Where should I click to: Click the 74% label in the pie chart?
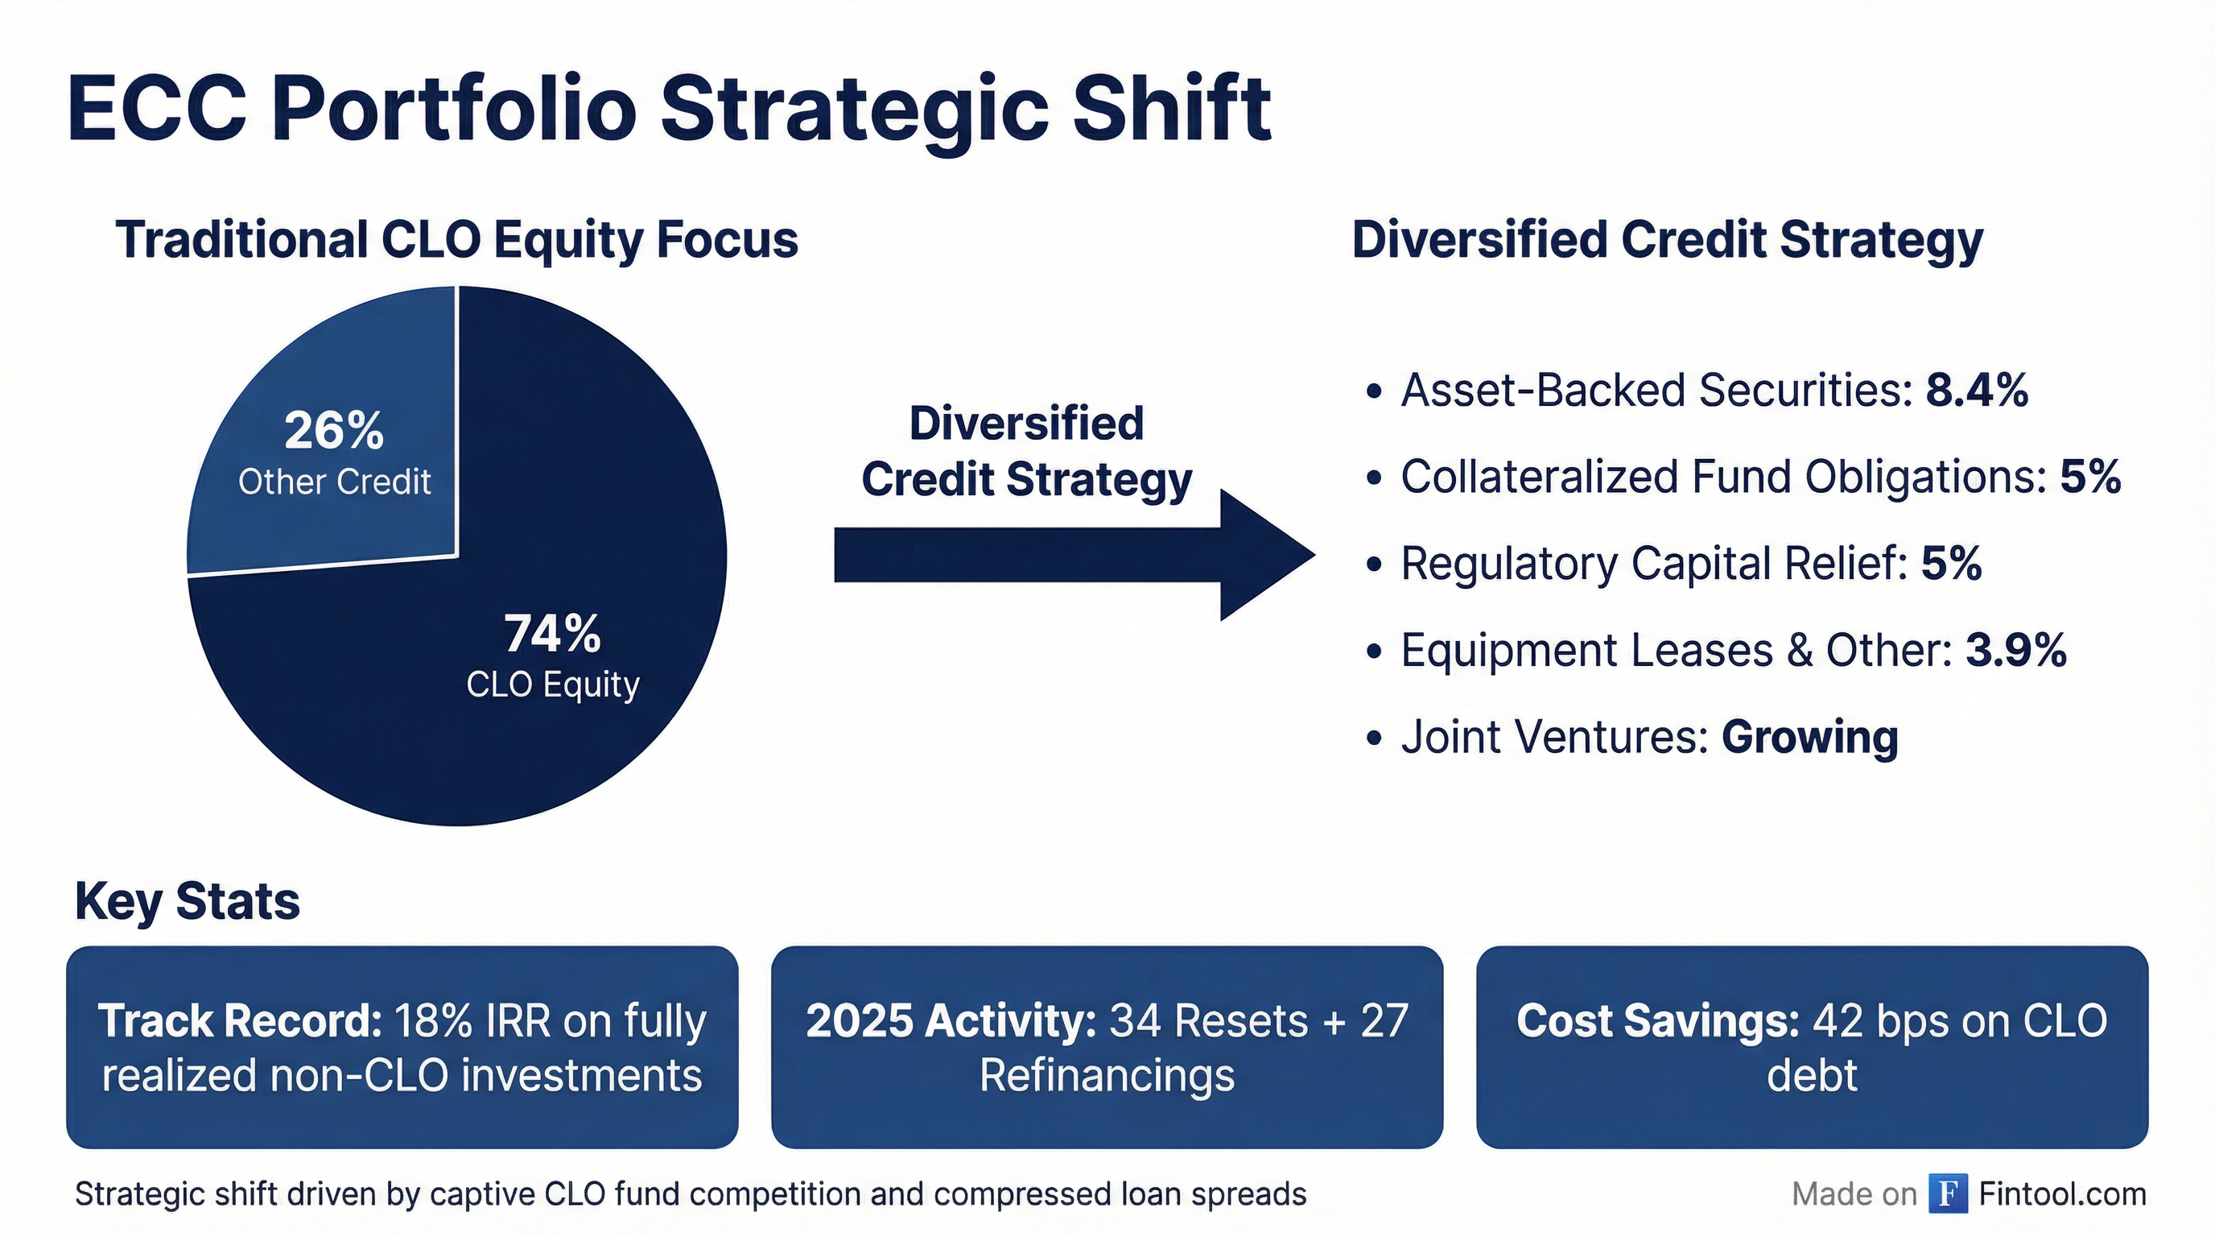point(552,635)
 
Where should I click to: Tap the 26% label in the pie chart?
point(334,431)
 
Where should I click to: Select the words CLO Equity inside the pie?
point(553,685)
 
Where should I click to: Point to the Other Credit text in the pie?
point(335,482)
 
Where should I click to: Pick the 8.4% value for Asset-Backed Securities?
point(1977,391)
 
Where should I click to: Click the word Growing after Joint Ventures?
point(1810,737)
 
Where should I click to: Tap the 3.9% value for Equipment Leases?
point(2015,651)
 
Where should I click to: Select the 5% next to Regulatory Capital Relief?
point(1951,564)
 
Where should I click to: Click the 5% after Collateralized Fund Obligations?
point(2090,477)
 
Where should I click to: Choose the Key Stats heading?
point(188,901)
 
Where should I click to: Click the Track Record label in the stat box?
point(240,1021)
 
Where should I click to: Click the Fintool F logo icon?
point(1948,1194)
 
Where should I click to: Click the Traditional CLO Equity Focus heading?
point(456,239)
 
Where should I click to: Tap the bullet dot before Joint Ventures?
point(1373,738)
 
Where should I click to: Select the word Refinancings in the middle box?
point(1107,1075)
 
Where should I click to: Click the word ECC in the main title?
point(159,110)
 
